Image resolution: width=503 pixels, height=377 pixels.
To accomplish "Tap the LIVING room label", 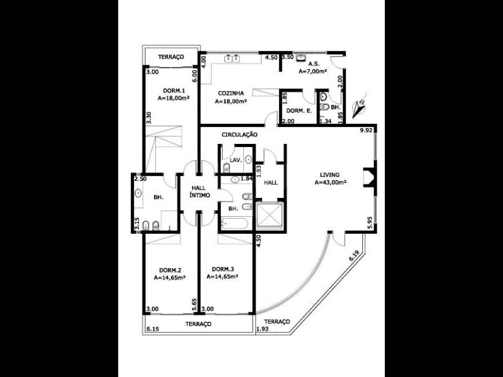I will tap(329, 175).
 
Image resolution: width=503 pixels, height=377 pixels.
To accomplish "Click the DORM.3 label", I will tap(224, 269).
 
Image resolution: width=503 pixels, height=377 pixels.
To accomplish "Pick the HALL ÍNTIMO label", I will tap(199, 192).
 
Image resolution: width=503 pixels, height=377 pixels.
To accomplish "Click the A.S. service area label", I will tap(312, 63).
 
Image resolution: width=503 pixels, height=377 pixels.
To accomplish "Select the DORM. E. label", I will tap(299, 111).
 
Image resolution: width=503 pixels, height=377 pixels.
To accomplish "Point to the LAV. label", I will tap(236, 160).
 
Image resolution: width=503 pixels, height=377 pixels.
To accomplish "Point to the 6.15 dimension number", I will tap(152, 329).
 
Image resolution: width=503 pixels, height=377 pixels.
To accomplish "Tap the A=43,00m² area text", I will tap(331, 183).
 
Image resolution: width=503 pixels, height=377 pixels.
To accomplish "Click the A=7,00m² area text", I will tap(314, 71).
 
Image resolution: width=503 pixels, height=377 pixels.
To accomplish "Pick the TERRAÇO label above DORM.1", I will tap(170, 57).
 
